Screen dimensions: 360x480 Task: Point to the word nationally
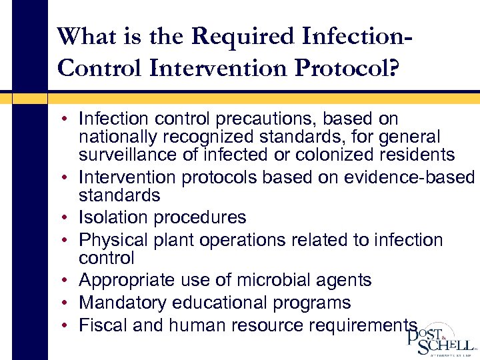tap(116, 137)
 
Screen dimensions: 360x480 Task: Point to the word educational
tap(215, 303)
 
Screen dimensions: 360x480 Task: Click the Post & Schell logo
tap(441, 339)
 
